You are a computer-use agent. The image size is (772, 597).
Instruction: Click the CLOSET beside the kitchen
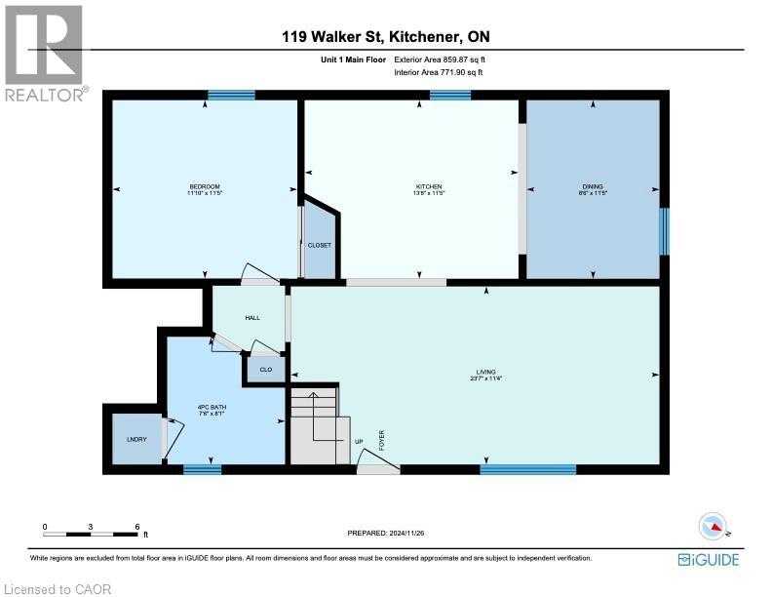(x=320, y=245)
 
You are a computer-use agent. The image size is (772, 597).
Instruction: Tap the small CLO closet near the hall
(x=265, y=370)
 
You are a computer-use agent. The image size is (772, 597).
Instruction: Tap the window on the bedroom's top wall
(x=231, y=95)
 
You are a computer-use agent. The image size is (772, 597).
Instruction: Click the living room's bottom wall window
(x=527, y=469)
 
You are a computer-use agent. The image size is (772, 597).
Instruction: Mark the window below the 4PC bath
(x=202, y=469)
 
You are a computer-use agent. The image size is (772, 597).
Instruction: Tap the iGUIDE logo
(x=708, y=559)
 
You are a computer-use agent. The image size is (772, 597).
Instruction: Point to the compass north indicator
(x=715, y=526)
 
